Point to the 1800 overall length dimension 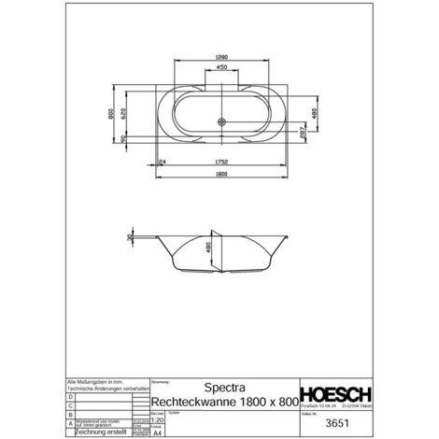coord(220,175)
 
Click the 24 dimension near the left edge coord(163,161)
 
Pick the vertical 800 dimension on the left coord(109,114)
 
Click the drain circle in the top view coord(221,121)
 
